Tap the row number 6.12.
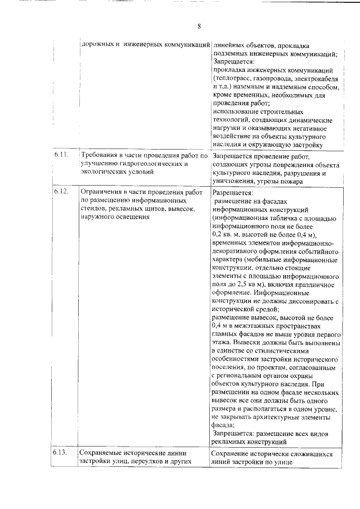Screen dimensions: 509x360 pyautogui.click(x=61, y=192)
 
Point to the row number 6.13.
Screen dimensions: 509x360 pyautogui.click(x=61, y=453)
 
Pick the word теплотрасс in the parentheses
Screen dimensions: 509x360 pyautogui.click(x=233, y=79)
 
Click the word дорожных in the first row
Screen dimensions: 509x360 pyautogui.click(x=97, y=44)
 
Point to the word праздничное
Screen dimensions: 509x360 pyautogui.click(x=308, y=284)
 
